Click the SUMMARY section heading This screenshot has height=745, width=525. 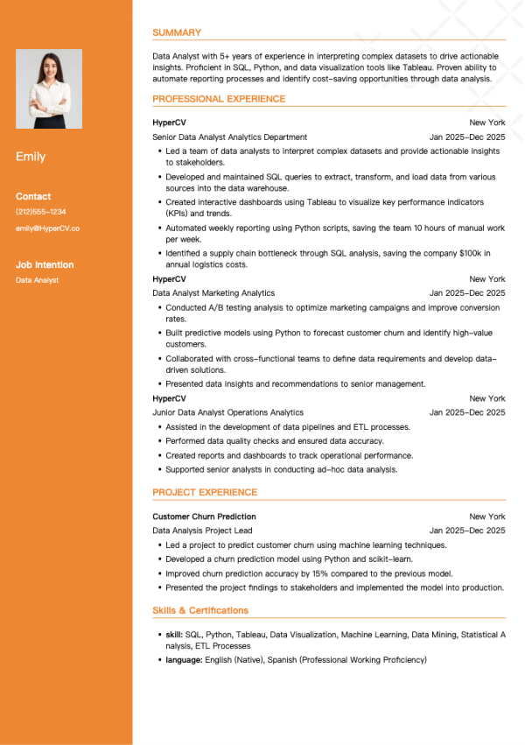[x=177, y=32]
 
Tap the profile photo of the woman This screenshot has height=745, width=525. [x=49, y=88]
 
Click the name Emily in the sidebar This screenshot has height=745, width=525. [x=31, y=157]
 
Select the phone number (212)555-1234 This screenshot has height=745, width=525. [x=41, y=212]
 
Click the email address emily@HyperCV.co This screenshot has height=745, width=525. [x=48, y=228]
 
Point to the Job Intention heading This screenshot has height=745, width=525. [x=45, y=264]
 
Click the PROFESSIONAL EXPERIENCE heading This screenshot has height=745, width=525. [x=219, y=99]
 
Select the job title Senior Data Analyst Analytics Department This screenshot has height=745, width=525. [x=229, y=137]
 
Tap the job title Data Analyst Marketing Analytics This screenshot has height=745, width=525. [x=213, y=293]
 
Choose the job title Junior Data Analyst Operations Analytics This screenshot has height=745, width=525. [x=227, y=412]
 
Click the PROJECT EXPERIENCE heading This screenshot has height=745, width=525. [x=205, y=492]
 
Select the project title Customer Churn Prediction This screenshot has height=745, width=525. [x=204, y=517]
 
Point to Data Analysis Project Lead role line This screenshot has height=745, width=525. [x=202, y=531]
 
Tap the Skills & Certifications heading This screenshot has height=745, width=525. [x=200, y=610]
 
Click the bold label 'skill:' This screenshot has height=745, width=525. [x=174, y=634]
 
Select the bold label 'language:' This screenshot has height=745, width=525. [x=184, y=659]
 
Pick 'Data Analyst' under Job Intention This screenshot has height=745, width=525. [x=37, y=280]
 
